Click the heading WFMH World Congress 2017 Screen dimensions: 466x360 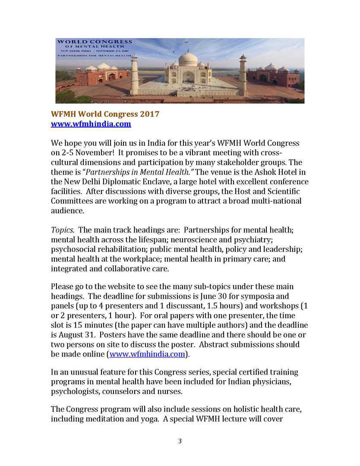tap(105, 114)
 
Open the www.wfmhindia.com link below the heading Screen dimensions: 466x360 tap(91, 124)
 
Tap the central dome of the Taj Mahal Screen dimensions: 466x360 tap(188, 59)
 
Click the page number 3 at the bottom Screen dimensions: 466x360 tap(180, 441)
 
